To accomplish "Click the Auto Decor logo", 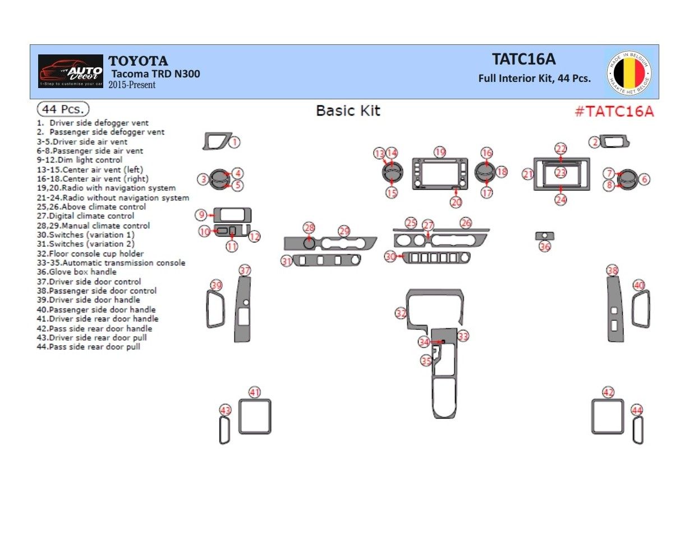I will point(71,71).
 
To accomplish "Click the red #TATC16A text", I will point(614,111).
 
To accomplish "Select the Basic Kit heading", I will point(348,111).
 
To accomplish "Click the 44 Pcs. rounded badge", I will point(63,109).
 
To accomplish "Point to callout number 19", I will point(440,152).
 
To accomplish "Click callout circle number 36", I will point(545,246).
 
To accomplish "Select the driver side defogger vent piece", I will point(216,141).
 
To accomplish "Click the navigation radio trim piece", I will point(440,174).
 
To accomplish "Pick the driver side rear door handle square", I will point(255,416).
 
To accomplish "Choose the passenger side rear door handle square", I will point(608,416).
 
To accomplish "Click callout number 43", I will point(226,411).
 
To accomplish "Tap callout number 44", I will point(636,410).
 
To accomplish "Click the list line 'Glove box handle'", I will point(77,272).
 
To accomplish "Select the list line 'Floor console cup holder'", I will point(90,254).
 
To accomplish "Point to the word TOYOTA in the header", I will point(138,61).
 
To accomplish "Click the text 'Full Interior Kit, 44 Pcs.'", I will point(534,79).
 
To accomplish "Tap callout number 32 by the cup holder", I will point(401,313).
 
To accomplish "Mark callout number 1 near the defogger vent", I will point(235,143).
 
